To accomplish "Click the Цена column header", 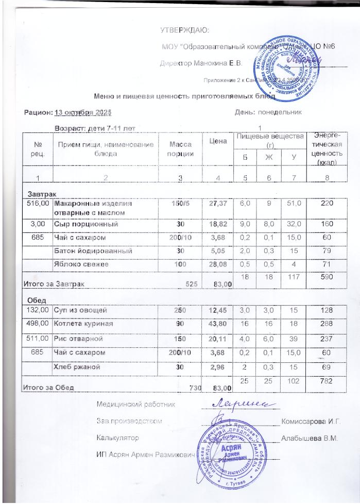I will coord(219,141).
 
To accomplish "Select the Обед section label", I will coord(36,300).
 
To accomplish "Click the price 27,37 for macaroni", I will coord(218,204).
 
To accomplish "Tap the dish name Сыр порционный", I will coord(87,225).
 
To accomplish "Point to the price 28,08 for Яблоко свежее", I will coord(218,265).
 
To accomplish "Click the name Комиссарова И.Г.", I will coord(311,421).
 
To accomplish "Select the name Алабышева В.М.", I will coord(310,439).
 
